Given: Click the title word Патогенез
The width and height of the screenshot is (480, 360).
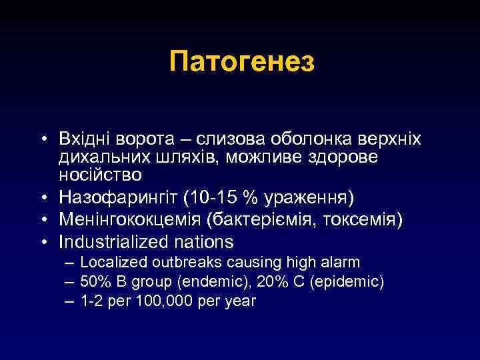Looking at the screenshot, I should click(241, 63).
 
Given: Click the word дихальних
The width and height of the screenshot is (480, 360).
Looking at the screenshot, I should click(96, 159).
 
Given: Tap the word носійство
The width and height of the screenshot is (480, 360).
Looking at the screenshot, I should click(100, 176).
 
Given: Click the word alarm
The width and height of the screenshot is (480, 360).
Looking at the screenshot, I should click(339, 262).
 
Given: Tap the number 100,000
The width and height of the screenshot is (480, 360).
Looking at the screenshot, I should click(161, 301).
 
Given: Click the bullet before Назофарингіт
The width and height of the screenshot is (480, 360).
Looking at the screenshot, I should click(43, 198).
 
